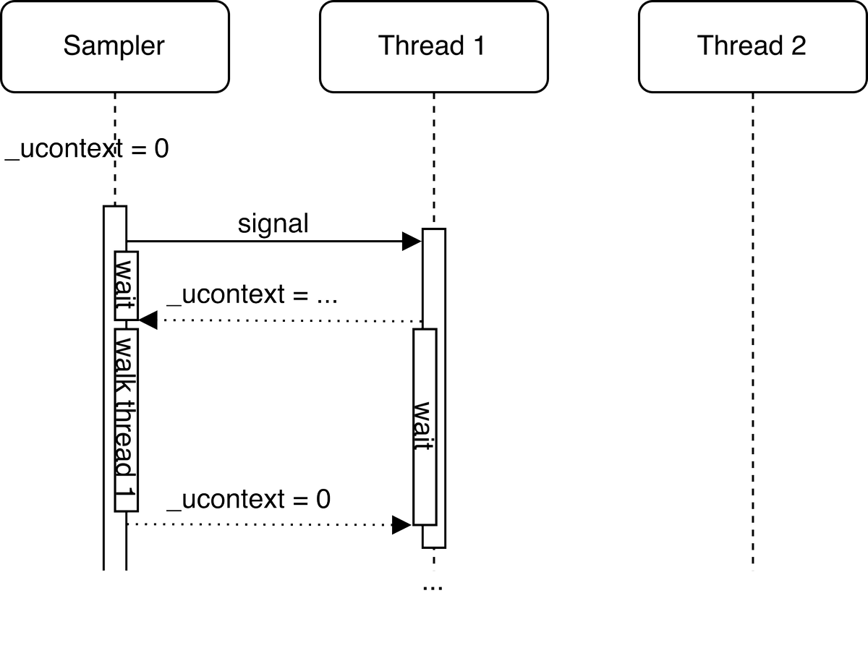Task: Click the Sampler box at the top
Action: [114, 46]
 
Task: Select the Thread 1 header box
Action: [433, 46]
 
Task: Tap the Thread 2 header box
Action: [752, 46]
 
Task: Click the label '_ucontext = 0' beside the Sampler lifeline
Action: [87, 150]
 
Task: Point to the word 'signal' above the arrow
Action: [273, 224]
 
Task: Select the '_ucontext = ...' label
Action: [252, 297]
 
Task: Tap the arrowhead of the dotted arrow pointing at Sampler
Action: [148, 320]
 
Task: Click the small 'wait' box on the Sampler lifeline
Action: [127, 286]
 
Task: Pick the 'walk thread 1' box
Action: [127, 419]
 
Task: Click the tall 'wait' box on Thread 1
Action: [425, 427]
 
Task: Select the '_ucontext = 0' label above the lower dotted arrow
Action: [250, 500]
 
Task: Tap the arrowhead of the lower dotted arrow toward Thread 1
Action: [402, 524]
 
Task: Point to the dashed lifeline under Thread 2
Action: [752, 325]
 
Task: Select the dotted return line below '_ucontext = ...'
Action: [289, 320]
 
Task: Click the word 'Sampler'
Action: [114, 46]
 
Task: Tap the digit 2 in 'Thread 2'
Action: [797, 46]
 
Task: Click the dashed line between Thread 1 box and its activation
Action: [433, 159]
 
